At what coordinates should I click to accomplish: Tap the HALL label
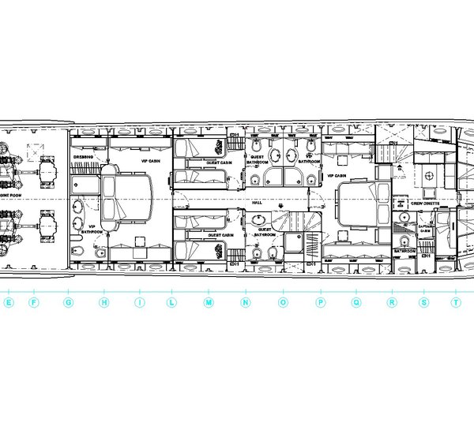pos(257,203)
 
